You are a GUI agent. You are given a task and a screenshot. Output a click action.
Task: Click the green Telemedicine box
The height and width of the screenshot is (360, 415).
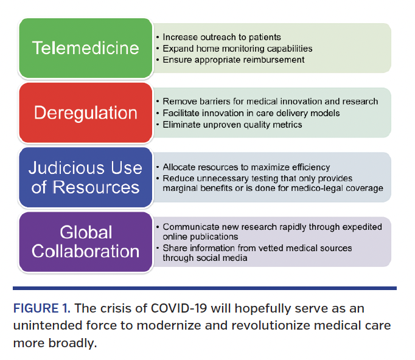[x=85, y=48]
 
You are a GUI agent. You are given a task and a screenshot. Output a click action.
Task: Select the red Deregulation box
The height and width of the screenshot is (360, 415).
[x=85, y=112]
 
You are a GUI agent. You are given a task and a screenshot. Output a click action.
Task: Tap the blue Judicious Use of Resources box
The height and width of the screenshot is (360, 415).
[x=85, y=178]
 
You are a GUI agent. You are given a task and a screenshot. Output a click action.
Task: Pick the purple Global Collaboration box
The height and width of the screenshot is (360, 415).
[x=85, y=241]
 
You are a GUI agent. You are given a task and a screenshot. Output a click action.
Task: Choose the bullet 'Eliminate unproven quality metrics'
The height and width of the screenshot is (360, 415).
[x=232, y=124]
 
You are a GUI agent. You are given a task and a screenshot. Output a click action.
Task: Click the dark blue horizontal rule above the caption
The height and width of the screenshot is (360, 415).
[x=205, y=288]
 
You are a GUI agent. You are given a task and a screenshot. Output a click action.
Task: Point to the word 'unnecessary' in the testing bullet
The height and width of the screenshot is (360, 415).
[x=213, y=178]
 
